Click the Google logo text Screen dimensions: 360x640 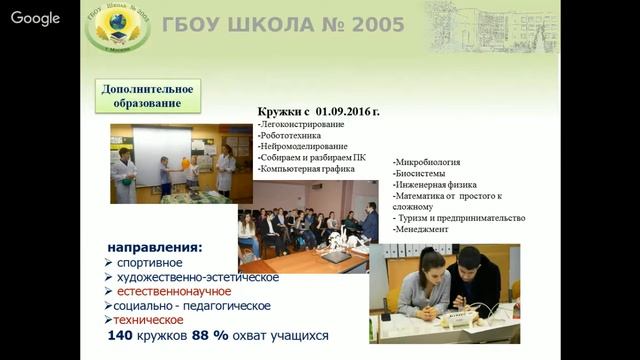click(36, 19)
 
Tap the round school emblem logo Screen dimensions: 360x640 click(118, 27)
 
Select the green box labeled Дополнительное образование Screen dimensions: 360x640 click(148, 95)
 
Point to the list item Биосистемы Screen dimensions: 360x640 click(423, 173)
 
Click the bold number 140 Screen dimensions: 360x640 click(121, 336)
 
